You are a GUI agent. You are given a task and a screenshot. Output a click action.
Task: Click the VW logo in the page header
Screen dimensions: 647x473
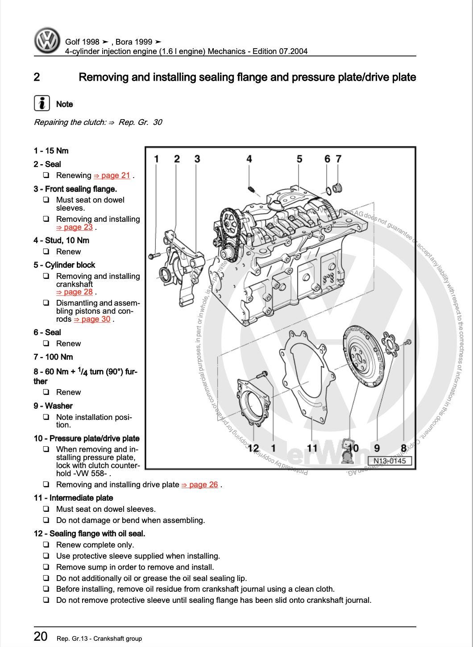click(47, 41)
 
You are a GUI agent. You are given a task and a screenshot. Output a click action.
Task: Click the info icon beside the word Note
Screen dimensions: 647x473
click(41, 104)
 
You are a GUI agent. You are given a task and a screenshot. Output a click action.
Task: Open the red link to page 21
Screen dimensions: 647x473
click(112, 175)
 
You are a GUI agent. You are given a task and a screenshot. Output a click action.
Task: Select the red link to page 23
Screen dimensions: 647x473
click(75, 227)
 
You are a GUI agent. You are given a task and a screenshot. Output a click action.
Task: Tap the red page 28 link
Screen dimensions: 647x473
click(75, 292)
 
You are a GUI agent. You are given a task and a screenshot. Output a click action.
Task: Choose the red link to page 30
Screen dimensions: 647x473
click(92, 319)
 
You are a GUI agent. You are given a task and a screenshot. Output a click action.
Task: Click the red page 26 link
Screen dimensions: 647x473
click(200, 485)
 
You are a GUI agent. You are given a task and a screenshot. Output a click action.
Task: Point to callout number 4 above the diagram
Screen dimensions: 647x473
click(249, 159)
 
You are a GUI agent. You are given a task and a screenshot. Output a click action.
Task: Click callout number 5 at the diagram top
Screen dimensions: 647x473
click(299, 159)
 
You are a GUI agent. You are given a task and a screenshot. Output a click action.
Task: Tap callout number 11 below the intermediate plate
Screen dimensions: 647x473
click(312, 448)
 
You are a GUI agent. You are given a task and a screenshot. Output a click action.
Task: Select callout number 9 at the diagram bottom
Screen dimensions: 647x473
click(377, 448)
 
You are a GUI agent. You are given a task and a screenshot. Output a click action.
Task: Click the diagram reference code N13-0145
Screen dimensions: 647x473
click(390, 461)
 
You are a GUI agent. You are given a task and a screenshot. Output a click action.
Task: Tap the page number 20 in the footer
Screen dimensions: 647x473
click(41, 636)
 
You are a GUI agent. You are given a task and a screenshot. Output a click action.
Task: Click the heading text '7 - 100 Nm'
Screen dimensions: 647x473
click(53, 357)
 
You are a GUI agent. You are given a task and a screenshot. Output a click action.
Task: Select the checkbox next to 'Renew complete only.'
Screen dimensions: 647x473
click(46, 545)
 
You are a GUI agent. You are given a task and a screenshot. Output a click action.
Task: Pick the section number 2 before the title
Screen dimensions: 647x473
click(37, 77)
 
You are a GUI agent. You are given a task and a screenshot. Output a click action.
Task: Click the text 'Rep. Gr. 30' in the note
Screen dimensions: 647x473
click(140, 122)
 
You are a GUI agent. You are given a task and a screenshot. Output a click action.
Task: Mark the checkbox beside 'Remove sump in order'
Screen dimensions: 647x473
click(46, 567)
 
